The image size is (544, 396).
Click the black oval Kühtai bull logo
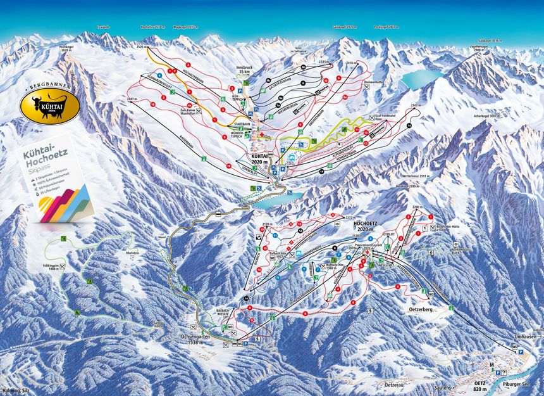pos(50,106)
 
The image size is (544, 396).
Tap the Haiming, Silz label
pos(14,391)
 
